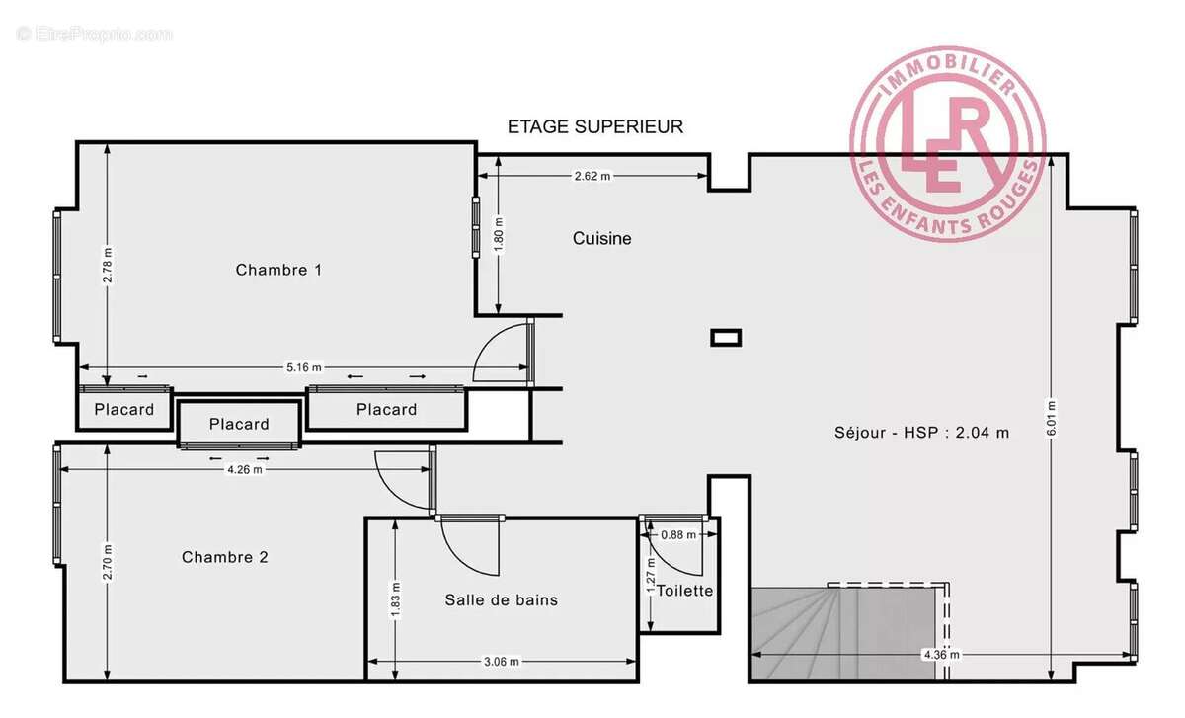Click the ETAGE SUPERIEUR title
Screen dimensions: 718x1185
[594, 126]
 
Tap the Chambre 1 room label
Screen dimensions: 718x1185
[278, 270]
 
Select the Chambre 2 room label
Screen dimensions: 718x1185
[225, 557]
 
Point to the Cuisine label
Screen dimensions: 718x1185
[601, 239]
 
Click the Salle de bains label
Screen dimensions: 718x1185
[501, 599]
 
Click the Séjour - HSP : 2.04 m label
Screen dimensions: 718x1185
[921, 432]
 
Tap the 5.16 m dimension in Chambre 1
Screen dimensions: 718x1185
[304, 367]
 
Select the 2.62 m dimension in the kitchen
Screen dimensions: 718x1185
[592, 176]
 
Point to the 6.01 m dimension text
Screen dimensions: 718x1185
[1053, 418]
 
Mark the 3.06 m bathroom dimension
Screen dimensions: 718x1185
[501, 662]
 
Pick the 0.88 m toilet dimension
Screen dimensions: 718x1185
[678, 534]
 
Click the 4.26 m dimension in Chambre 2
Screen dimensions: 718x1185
[244, 469]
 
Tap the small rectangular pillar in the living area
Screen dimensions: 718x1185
[726, 338]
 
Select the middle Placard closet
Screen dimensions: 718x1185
[239, 424]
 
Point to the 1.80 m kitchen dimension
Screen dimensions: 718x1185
[500, 237]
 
